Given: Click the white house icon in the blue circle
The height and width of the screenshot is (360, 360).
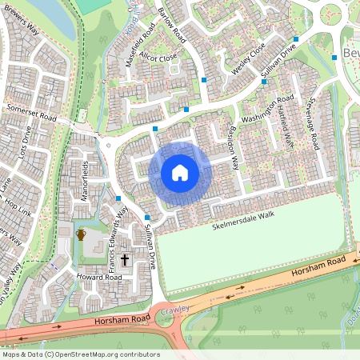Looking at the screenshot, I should tap(180, 173).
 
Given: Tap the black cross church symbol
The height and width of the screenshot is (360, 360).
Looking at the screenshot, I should tap(126, 260).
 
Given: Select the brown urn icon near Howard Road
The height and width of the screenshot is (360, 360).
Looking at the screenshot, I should tap(80, 234).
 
